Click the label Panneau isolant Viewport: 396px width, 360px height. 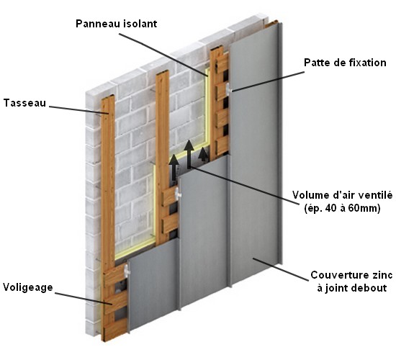click(116, 24)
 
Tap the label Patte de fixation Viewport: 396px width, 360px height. click(345, 63)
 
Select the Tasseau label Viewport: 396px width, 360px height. click(24, 103)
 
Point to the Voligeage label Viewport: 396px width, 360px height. click(28, 287)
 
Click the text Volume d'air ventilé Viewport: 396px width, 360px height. click(343, 195)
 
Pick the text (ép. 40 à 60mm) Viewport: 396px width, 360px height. click(343, 208)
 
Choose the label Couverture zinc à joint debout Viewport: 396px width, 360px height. click(351, 282)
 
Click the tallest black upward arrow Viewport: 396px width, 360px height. click(189, 155)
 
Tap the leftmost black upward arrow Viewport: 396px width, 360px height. click(174, 167)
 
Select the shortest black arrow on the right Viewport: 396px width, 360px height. click(203, 155)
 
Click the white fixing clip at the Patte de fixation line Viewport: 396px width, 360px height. click(228, 89)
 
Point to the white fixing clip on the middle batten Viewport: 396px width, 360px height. click(179, 193)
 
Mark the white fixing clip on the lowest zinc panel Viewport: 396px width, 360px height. click(127, 270)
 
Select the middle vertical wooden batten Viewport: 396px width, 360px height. click(162, 157)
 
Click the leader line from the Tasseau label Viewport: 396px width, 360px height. click(79, 110)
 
